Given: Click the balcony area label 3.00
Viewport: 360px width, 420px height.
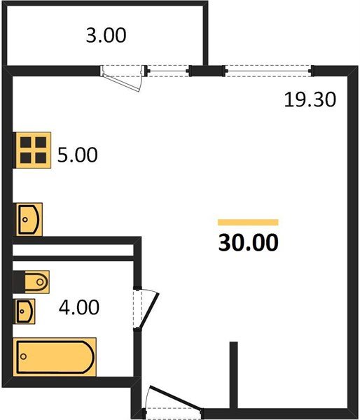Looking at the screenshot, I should click(106, 35).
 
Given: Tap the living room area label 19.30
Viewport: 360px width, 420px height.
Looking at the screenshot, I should click(310, 100).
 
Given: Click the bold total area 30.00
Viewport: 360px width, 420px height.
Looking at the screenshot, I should click(248, 243).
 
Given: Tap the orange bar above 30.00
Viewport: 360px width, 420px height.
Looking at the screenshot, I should click(248, 222).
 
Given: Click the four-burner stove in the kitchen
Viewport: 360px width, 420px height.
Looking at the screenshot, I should click(32, 150).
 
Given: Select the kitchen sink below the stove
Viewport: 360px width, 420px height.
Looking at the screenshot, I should click(29, 220).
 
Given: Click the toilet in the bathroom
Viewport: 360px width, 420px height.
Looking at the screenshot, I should click(32, 282).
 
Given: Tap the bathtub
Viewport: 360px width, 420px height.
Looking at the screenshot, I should click(54, 356).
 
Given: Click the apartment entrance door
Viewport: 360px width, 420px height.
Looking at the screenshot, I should click(171, 400).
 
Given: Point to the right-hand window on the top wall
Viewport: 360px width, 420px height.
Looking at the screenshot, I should click(267, 70).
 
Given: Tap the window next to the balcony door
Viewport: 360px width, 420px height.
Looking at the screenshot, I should click(168, 70).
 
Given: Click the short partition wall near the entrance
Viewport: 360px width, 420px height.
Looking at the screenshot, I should click(234, 374).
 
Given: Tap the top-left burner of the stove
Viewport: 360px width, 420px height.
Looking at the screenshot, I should click(25, 143).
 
